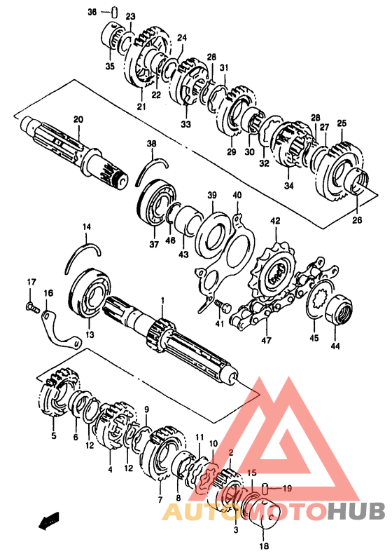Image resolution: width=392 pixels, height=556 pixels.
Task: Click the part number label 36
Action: coord(92,12)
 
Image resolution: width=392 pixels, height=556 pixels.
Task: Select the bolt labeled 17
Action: coord(32,306)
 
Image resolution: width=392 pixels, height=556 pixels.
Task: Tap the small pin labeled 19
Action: coord(264,489)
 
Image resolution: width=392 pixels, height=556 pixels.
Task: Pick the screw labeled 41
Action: coord(222,305)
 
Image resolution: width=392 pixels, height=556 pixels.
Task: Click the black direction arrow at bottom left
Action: coord(49,521)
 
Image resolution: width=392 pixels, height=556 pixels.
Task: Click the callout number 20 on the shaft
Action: coord(78,119)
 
